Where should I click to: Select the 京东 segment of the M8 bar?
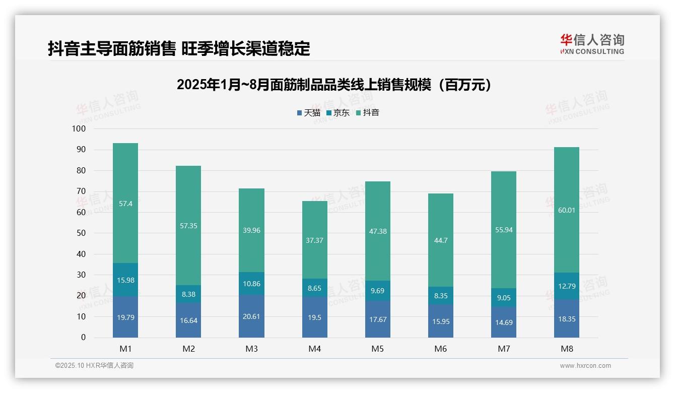tap(567, 286)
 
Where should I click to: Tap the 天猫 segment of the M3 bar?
tap(251, 316)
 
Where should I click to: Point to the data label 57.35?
tap(188, 226)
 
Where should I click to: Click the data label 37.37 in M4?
tap(314, 240)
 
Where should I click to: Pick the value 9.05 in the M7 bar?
tap(504, 298)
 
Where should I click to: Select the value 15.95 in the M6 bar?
tap(441, 321)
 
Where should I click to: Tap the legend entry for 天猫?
tap(308, 113)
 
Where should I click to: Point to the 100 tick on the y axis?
tap(79, 129)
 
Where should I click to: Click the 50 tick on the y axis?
tap(81, 233)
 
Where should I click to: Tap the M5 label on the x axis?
tap(377, 349)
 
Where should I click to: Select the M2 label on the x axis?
tap(188, 349)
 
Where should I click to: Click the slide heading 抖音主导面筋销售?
tap(179, 48)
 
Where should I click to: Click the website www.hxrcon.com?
tap(585, 366)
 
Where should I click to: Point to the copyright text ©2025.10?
tap(94, 365)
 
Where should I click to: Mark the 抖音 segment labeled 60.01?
tap(567, 210)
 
